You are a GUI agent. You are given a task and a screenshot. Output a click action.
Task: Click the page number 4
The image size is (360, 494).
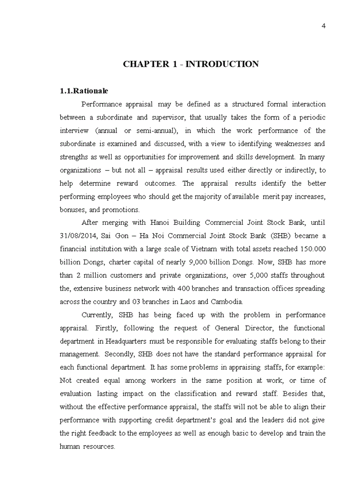tap(323, 26)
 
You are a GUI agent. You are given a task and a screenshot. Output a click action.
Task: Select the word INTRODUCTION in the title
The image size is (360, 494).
tap(222, 64)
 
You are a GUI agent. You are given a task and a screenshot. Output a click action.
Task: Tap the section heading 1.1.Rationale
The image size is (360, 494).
tap(84, 91)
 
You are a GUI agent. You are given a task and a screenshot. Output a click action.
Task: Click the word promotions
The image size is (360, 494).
tap(122, 210)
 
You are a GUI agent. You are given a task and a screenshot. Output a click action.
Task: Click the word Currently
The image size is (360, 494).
tap(98, 315)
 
